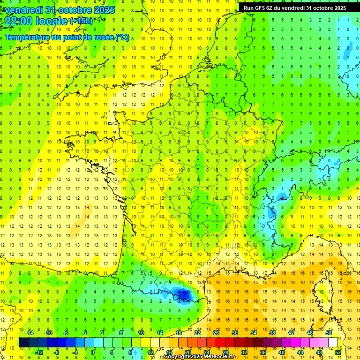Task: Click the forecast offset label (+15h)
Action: click(x=81, y=21)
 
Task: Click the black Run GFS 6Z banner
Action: click(x=295, y=7)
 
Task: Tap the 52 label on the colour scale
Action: click(x=338, y=352)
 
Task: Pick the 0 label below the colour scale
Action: click(x=93, y=352)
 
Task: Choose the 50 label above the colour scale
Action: click(x=329, y=332)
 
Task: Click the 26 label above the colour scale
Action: click(x=216, y=332)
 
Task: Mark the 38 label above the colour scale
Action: click(x=272, y=332)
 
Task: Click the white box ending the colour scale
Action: click(x=333, y=342)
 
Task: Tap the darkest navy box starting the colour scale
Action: click(x=23, y=342)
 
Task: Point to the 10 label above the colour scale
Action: click(x=141, y=332)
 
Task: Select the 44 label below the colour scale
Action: click(x=300, y=352)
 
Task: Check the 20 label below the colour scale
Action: click(x=188, y=352)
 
